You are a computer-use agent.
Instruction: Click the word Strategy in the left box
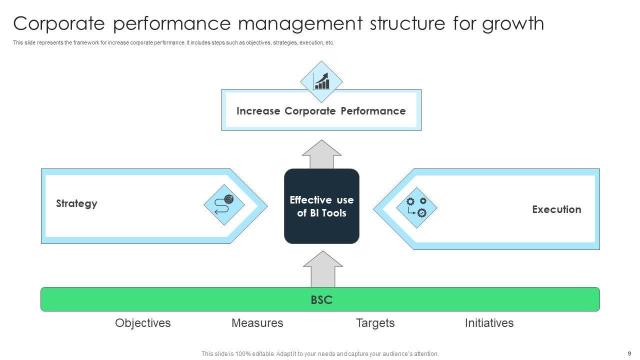76,203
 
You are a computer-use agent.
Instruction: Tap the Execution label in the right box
556,209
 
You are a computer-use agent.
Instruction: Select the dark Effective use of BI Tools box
321,206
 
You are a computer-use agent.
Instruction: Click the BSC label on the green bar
321,300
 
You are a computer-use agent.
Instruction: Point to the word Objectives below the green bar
143,323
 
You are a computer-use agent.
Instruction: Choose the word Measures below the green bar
257,323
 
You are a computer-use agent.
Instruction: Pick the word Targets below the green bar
375,323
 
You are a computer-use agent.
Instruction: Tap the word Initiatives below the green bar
489,323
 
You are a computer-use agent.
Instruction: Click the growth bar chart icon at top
321,81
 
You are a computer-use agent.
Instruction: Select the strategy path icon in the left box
224,205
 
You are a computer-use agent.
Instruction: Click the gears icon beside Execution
416,207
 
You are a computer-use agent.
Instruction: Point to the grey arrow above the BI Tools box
322,155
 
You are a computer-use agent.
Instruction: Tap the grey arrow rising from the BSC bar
323,269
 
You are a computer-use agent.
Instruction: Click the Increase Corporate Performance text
321,111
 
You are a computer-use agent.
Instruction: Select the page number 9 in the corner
629,353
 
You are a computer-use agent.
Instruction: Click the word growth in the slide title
513,23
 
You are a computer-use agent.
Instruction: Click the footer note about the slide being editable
320,353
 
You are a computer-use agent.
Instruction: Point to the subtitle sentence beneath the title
173,43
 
